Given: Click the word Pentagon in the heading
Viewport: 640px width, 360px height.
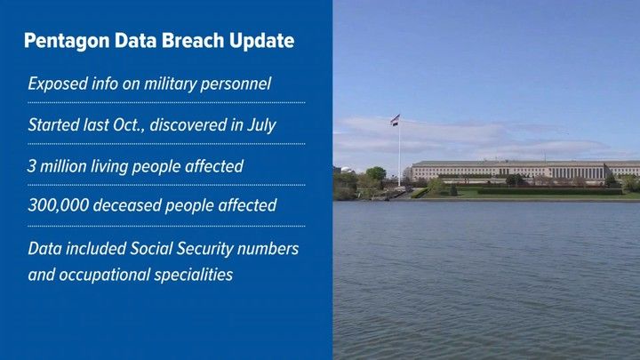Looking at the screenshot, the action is click(x=67, y=41).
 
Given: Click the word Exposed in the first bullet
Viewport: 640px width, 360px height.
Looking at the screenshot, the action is click(x=58, y=84).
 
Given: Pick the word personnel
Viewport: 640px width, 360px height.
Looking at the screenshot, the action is click(x=236, y=84).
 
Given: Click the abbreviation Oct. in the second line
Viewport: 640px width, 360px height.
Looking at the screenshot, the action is click(x=129, y=125).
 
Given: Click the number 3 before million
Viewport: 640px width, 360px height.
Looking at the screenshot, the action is click(x=32, y=166).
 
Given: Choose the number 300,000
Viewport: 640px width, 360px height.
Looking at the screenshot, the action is click(x=59, y=205).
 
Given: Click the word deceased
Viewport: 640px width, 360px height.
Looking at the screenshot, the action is click(x=127, y=205).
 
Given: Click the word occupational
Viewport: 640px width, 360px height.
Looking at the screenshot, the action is click(x=105, y=275).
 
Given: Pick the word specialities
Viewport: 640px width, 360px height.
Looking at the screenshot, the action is click(x=194, y=275).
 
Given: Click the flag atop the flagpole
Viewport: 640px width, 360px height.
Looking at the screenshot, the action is click(x=395, y=120).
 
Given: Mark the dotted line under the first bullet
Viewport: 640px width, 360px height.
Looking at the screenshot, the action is click(x=166, y=103).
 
